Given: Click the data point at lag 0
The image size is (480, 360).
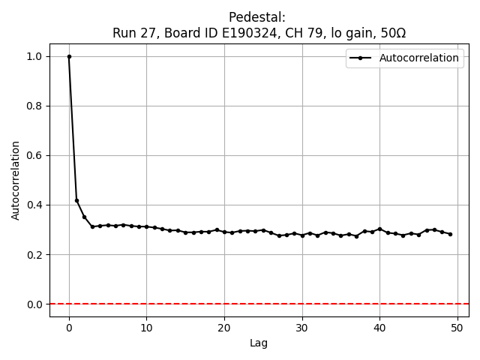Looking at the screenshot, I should [x=69, y=56].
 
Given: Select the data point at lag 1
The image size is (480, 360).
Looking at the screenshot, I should [x=76, y=200].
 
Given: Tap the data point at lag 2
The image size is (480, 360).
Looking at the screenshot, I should [x=85, y=217].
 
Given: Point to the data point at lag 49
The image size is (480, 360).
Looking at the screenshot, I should [x=450, y=234].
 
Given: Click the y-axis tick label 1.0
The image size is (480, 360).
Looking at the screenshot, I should [x=35, y=56].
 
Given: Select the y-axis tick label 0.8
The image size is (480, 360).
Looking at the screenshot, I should [x=35, y=106].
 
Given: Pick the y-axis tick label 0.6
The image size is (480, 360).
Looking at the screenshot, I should [x=35, y=155].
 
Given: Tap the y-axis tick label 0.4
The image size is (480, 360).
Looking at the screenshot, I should [x=35, y=205].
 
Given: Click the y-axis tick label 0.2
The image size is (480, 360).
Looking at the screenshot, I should [x=35, y=254].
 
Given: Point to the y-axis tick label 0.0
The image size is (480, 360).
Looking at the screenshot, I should [x=35, y=304].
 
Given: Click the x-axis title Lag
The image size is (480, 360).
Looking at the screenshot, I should [x=259, y=343].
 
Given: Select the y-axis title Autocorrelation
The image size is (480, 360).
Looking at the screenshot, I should [x=16, y=180].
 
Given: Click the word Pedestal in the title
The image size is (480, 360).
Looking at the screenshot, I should [x=259, y=17].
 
